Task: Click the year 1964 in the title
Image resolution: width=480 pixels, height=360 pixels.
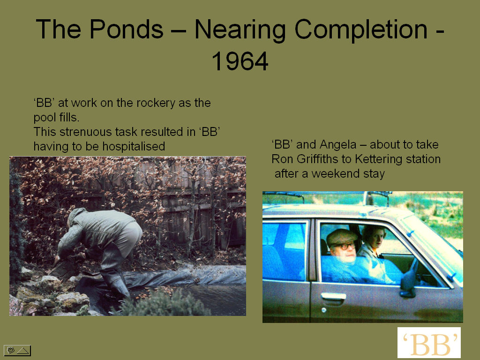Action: pyautogui.click(x=240, y=61)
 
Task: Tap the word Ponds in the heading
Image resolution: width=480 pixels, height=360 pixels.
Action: pyautogui.click(x=126, y=29)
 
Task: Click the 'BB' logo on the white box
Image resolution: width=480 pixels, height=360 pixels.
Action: pyautogui.click(x=429, y=343)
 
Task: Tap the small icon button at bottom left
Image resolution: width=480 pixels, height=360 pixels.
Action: pyautogui.click(x=17, y=350)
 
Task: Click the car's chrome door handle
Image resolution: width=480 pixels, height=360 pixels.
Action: pyautogui.click(x=333, y=296)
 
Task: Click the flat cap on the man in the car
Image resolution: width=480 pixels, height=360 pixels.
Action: pyautogui.click(x=341, y=236)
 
